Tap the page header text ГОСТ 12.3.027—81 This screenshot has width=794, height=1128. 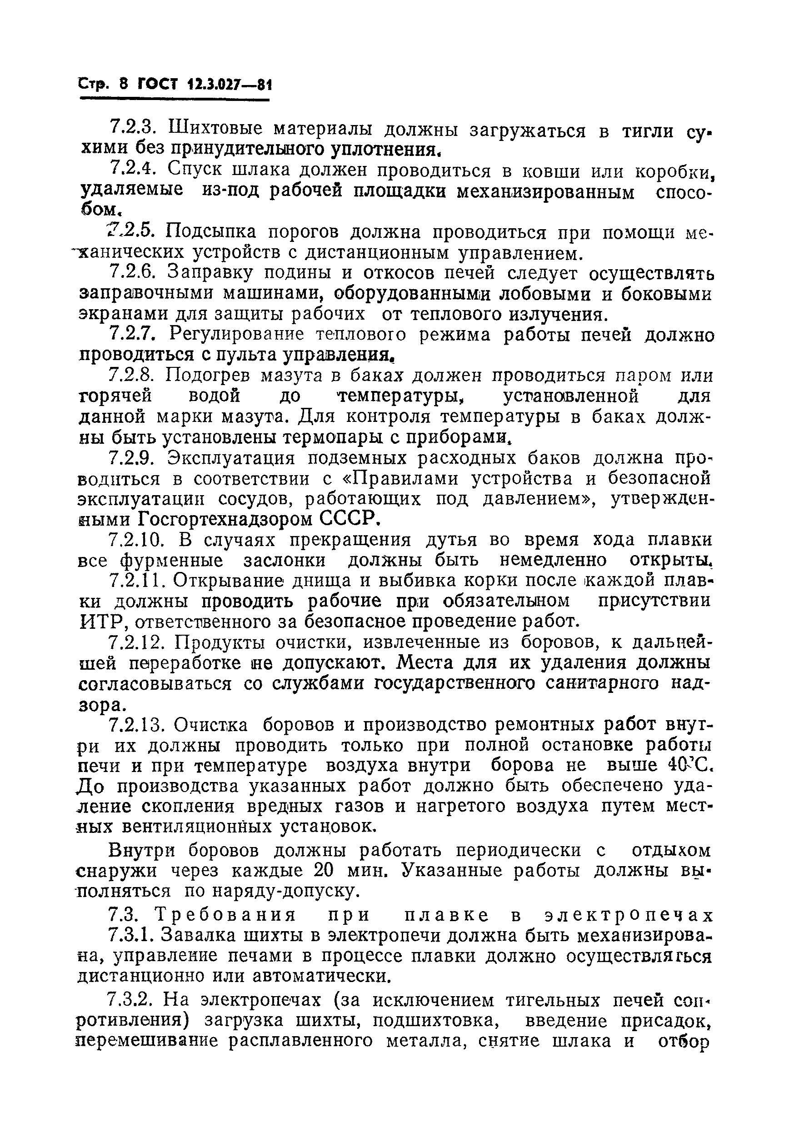click(x=204, y=85)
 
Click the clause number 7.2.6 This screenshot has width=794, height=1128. click(x=132, y=272)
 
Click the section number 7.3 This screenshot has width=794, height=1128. click(x=125, y=915)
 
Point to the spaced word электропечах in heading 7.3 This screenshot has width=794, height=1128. click(x=629, y=915)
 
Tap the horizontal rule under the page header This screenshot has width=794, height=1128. click(x=175, y=100)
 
